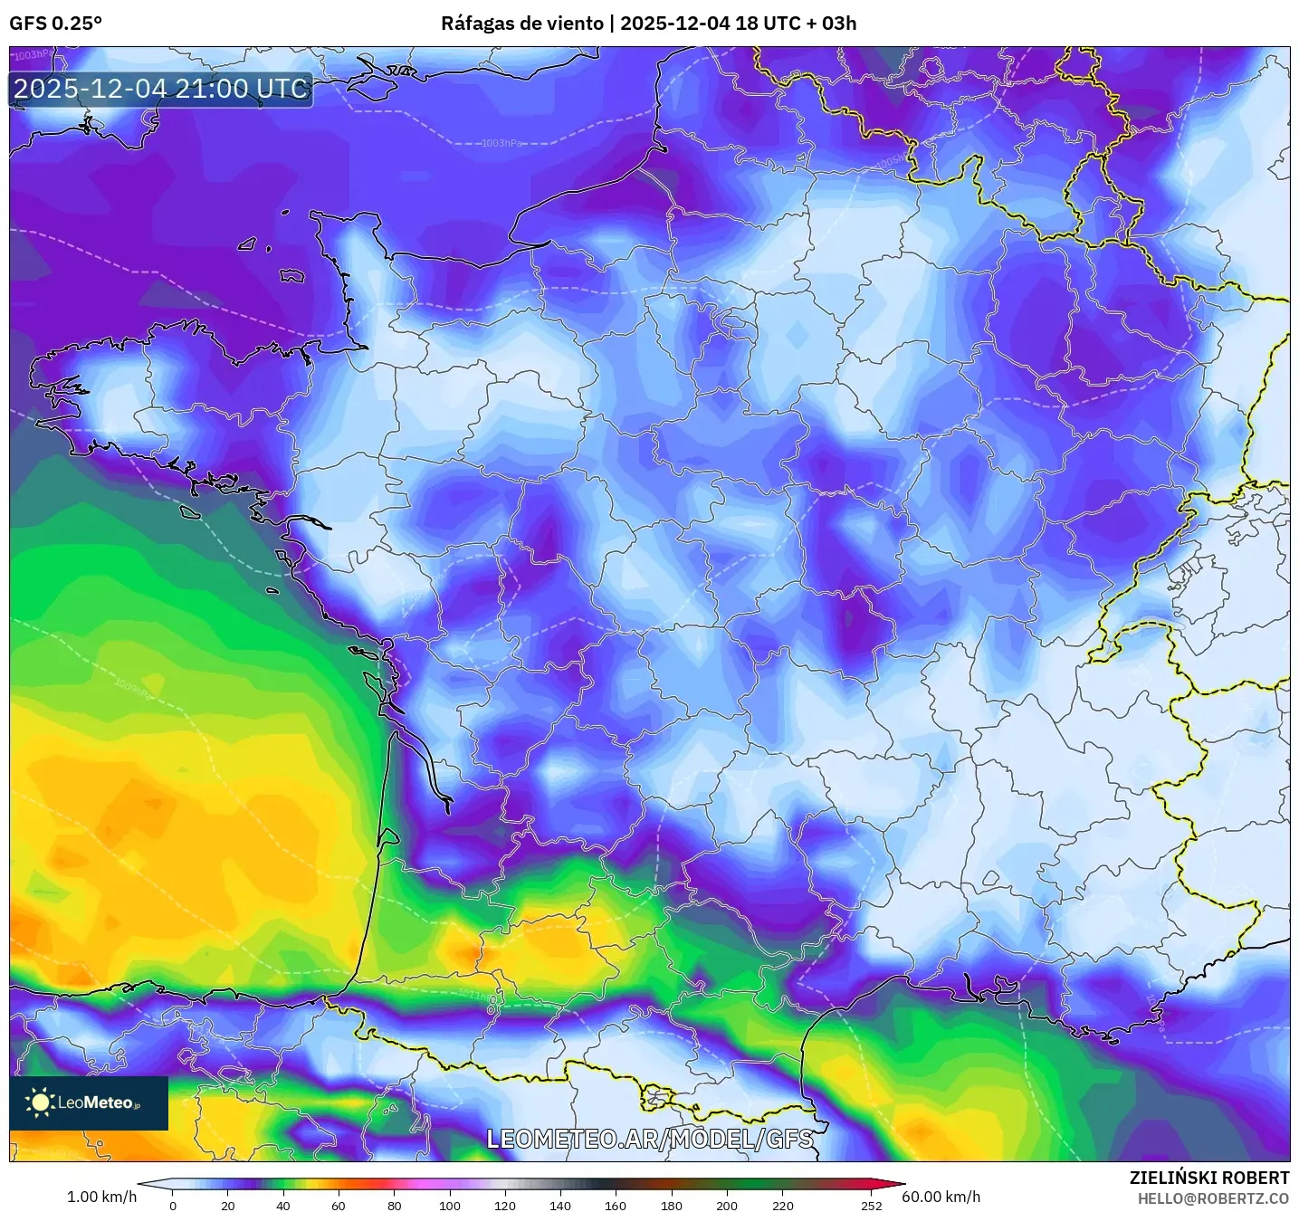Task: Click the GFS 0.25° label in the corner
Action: tap(55, 24)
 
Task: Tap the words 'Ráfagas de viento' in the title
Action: tap(522, 24)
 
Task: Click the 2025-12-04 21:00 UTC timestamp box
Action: tap(161, 90)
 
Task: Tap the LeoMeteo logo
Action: tap(89, 1102)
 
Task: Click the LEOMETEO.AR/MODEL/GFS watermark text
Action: tap(649, 1139)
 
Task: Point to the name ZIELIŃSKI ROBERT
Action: tap(1208, 1178)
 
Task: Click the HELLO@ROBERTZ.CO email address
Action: tap(1212, 1198)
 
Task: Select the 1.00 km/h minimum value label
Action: tap(101, 1197)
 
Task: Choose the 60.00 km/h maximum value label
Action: tap(941, 1197)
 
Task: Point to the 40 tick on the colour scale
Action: tap(283, 1205)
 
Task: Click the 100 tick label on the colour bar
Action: tap(450, 1205)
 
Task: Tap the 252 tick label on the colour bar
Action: tap(871, 1205)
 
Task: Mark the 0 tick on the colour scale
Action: tap(173, 1205)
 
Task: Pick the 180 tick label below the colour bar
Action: tap(672, 1205)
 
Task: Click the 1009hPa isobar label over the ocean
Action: tap(132, 688)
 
